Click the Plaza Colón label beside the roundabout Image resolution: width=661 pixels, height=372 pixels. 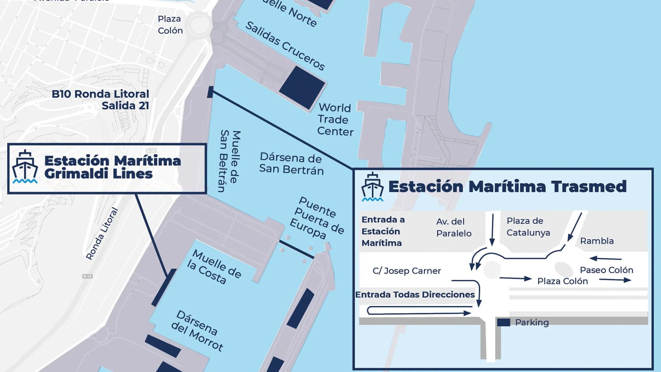click(x=170, y=24)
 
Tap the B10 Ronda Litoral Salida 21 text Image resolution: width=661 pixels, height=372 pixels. click(x=101, y=100)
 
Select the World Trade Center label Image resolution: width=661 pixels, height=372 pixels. click(x=335, y=120)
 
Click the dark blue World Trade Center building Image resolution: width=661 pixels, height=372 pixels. click(x=302, y=87)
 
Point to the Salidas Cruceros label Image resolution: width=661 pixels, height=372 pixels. click(x=285, y=45)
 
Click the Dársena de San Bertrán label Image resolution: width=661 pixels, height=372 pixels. click(x=291, y=163)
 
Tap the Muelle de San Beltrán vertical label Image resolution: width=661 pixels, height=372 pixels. click(x=230, y=161)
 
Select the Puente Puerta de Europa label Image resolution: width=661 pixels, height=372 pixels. click(x=317, y=218)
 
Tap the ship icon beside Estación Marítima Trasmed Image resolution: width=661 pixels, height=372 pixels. click(x=372, y=187)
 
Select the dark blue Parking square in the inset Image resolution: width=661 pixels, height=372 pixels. click(x=503, y=322)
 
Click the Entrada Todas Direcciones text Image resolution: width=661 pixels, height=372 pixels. click(x=415, y=294)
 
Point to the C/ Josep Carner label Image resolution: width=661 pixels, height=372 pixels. click(x=407, y=271)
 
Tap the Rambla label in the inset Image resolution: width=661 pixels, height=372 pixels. click(x=597, y=241)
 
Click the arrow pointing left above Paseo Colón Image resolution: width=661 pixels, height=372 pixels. click(x=605, y=258)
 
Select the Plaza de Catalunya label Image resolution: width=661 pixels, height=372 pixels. click(x=528, y=227)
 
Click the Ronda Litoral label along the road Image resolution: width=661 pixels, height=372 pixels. click(x=102, y=234)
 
